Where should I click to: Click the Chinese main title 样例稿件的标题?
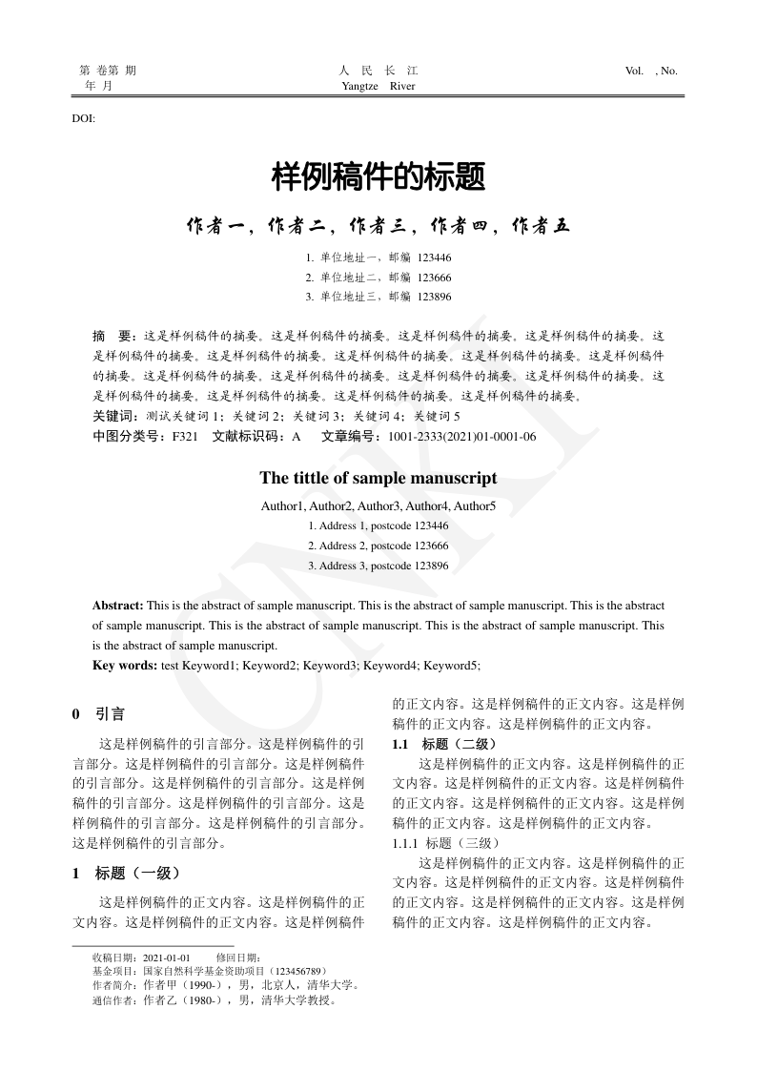pos(378,175)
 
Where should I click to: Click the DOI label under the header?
pos(83,118)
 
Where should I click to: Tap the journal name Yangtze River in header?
pos(378,86)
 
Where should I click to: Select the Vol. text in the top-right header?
pos(635,71)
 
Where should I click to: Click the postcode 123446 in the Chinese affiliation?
pos(434,257)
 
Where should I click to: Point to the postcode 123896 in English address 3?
pos(432,566)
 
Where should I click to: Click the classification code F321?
pos(185,437)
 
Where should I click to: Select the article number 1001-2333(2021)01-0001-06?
pos(461,437)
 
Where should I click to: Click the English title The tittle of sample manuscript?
pos(378,478)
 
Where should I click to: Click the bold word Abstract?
pos(118,606)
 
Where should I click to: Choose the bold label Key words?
pos(125,666)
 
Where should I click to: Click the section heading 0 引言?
pos(98,714)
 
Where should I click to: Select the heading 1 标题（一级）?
pos(126,873)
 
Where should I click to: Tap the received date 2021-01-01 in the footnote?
pos(167,958)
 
